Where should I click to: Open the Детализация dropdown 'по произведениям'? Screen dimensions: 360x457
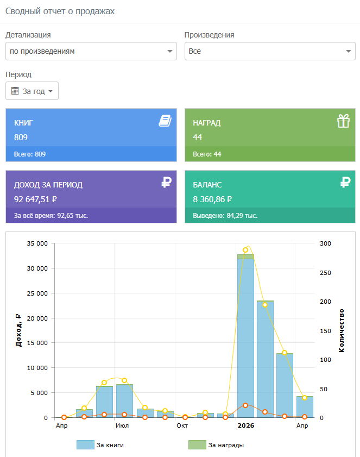(91, 51)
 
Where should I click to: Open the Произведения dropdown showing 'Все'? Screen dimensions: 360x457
(270, 51)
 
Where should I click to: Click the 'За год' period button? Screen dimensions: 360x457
(32, 91)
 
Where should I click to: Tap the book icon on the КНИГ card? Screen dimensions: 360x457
(165, 121)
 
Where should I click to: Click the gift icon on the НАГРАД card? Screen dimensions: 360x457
(343, 121)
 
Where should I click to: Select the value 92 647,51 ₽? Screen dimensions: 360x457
(35, 199)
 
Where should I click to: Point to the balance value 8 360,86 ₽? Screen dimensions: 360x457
(212, 199)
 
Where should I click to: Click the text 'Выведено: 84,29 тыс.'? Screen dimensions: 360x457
(225, 216)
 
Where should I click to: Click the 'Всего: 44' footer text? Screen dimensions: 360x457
(207, 154)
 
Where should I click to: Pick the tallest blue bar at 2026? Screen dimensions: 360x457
(245, 338)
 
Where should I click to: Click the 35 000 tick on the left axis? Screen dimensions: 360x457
(37, 243)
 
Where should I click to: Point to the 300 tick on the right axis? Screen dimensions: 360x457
(325, 243)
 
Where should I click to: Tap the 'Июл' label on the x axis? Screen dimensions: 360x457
(122, 425)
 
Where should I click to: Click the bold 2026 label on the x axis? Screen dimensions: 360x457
(246, 425)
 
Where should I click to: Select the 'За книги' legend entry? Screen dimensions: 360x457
(100, 445)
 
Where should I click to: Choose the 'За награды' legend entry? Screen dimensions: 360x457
(216, 445)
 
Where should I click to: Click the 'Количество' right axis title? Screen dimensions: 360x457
(342, 330)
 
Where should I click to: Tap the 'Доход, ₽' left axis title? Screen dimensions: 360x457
(18, 330)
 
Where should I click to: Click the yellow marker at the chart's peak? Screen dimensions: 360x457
(245, 250)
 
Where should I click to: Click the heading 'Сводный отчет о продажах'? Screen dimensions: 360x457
(60, 11)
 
